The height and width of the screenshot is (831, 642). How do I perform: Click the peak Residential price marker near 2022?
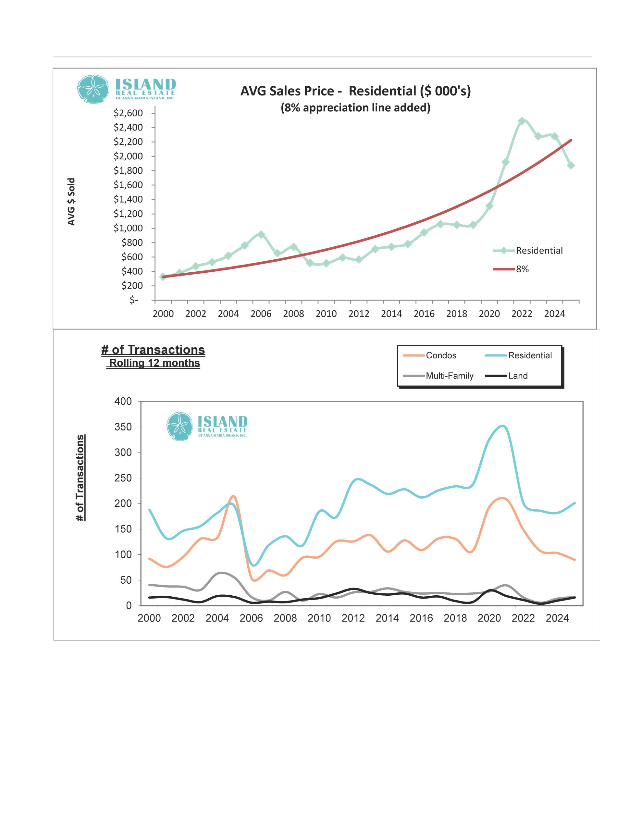coord(522,121)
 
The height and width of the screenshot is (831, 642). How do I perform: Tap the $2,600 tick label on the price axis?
coord(128,113)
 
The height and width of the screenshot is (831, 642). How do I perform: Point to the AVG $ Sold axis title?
coord(71,202)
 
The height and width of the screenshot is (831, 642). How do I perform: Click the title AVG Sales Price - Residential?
coord(355,91)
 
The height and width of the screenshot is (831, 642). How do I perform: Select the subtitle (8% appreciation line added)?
coord(355,108)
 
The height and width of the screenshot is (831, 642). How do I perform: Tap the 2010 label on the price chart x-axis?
coord(326,314)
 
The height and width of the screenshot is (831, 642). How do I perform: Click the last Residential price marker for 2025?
coord(571,166)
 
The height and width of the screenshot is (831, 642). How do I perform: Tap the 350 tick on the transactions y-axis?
coord(123,427)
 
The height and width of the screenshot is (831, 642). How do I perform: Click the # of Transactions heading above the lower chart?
coord(153,350)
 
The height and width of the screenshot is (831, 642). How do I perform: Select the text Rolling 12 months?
coord(154,363)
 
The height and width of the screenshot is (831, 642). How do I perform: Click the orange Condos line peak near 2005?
coord(233,496)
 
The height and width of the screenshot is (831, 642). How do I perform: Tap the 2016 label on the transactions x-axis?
coord(421,618)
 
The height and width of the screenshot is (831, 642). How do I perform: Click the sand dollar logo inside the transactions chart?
coord(179,426)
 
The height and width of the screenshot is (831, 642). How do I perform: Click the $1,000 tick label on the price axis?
coord(128,228)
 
